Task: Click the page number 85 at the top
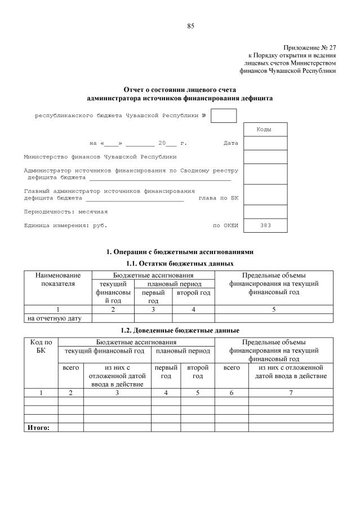190,26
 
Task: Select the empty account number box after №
224,116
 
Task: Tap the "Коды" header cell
265,130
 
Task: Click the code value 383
265,225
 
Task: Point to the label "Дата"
230,143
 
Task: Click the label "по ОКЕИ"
225,225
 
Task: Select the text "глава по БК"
219,198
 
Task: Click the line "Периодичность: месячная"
65,212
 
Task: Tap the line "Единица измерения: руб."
65,225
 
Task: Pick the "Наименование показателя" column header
58,280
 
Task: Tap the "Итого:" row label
38,428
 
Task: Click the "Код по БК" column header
41,346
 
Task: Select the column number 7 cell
291,393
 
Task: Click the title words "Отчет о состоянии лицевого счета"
180,90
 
